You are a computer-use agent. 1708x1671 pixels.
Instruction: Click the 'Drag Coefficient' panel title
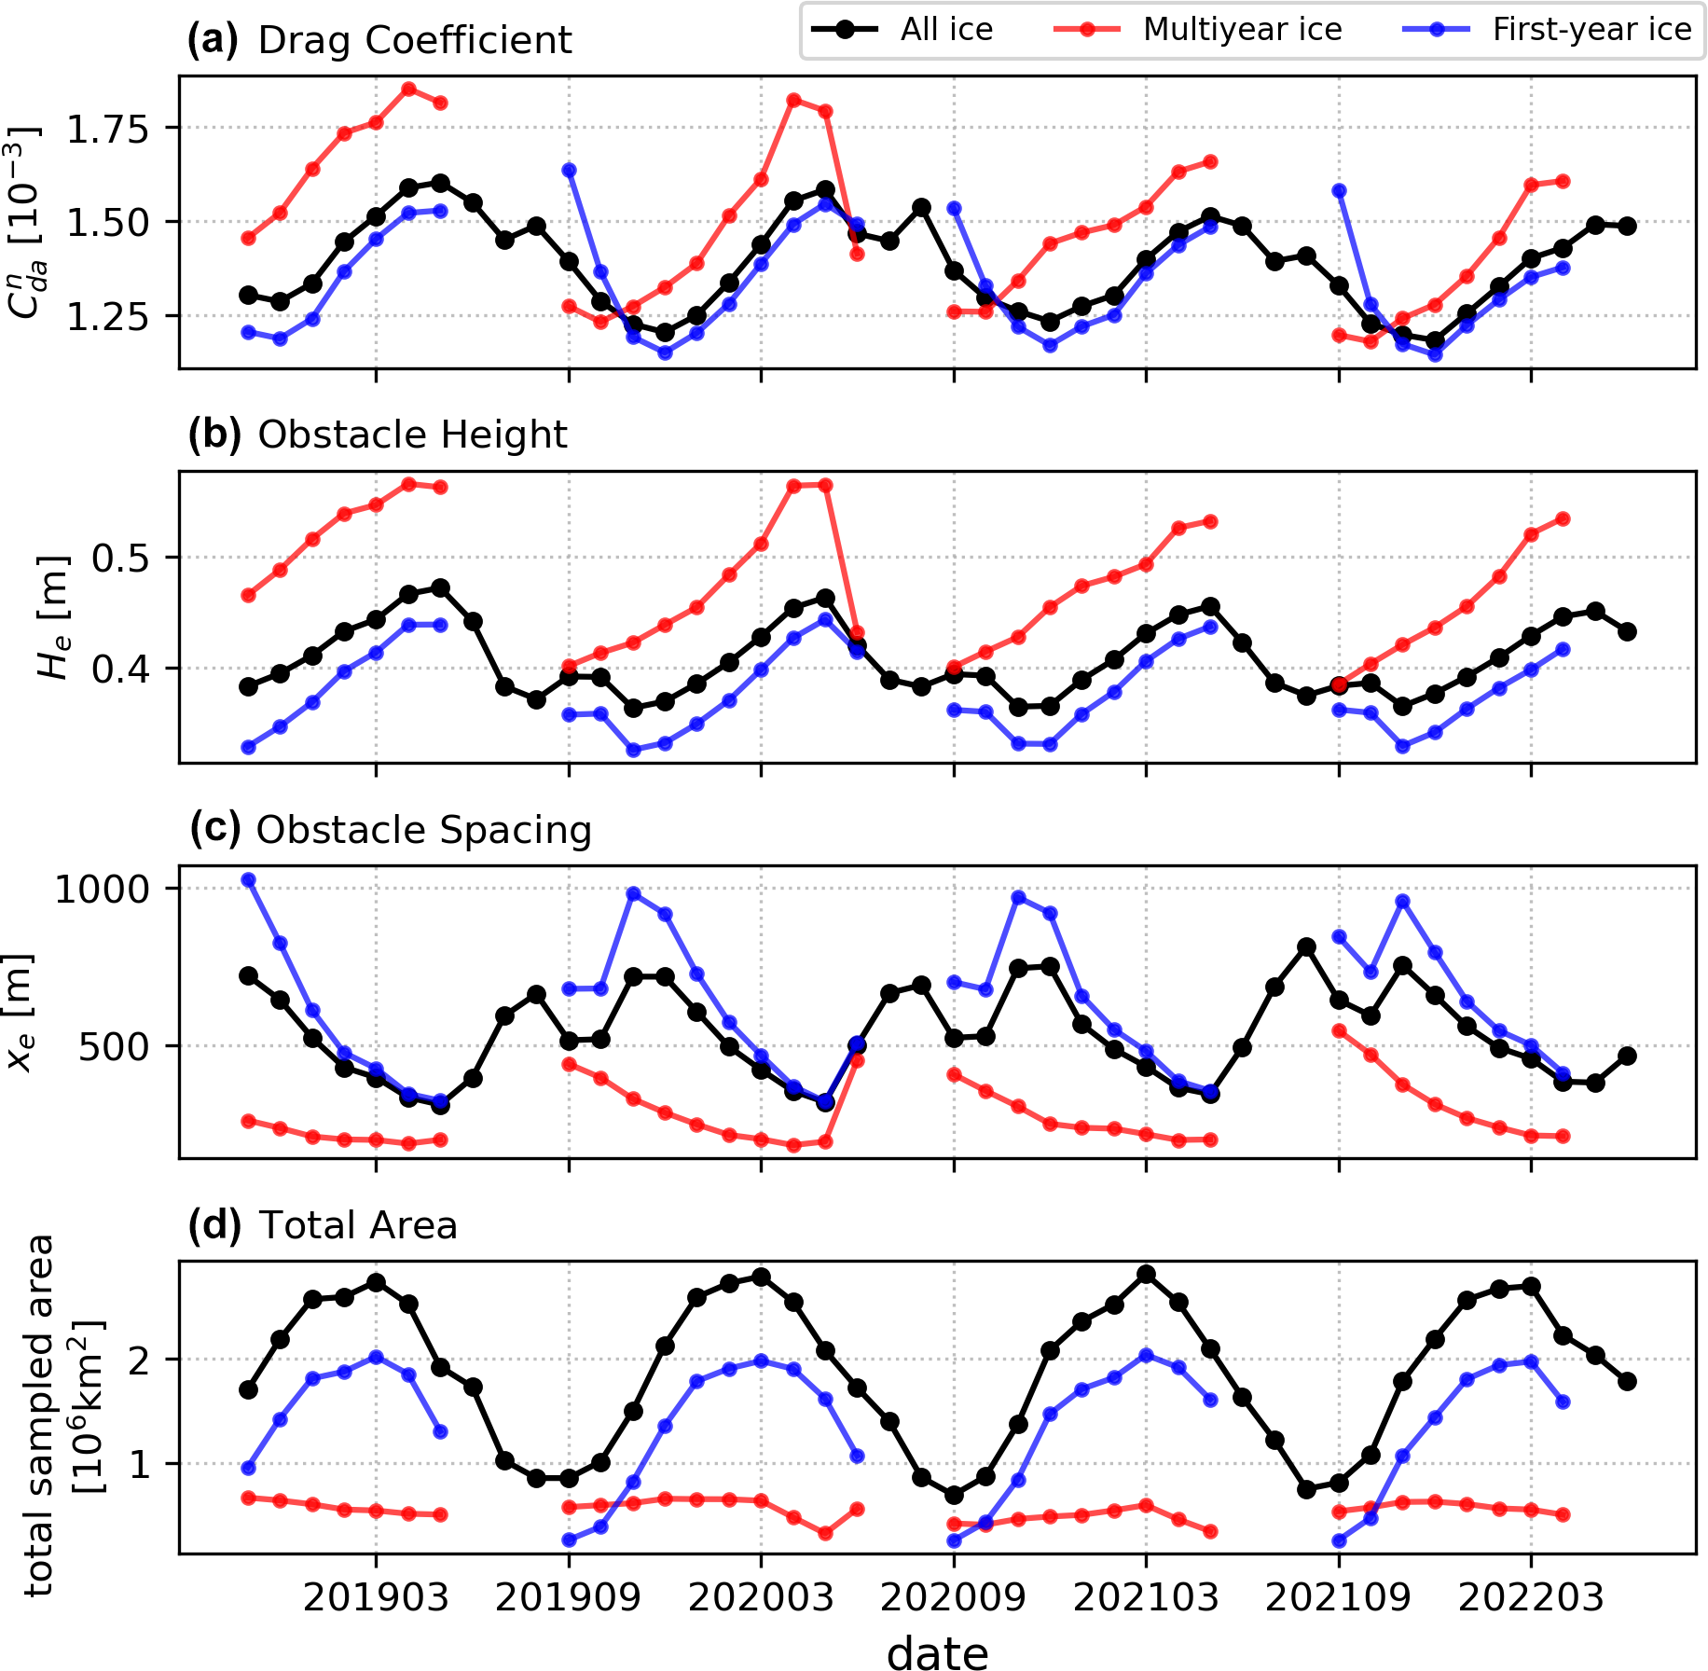coord(414,41)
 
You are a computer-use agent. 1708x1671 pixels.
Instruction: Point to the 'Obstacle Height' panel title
coord(411,435)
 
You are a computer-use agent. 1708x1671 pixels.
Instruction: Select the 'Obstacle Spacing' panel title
coord(423,830)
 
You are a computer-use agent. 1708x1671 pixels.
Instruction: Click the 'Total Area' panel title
coord(358,1225)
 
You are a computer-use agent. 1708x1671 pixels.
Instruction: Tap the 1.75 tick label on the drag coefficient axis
coord(107,129)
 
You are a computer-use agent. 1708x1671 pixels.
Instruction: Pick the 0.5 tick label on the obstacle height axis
coord(120,559)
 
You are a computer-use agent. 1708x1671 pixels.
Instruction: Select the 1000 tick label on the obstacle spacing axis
coord(102,890)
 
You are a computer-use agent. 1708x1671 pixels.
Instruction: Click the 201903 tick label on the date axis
coord(376,1598)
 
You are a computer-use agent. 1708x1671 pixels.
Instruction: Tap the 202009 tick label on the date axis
coord(953,1598)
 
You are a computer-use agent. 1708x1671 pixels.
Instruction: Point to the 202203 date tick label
coord(1531,1598)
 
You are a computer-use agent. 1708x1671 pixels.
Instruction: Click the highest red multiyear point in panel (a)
coord(408,90)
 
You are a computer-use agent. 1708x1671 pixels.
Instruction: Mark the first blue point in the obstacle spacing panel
coord(248,879)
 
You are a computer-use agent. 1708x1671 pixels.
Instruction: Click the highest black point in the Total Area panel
coord(1147,1274)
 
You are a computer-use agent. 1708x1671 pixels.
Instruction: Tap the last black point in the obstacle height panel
coord(1627,631)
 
